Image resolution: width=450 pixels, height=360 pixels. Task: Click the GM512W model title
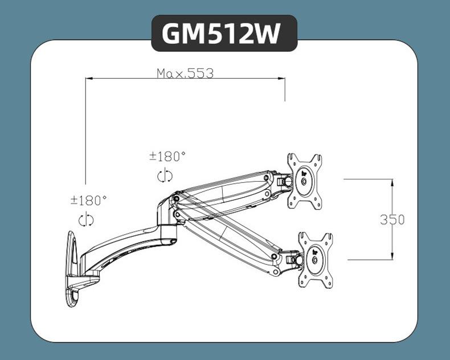(x=224, y=33)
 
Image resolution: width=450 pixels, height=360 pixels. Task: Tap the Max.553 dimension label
(x=185, y=73)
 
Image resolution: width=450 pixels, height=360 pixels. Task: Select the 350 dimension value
(x=392, y=219)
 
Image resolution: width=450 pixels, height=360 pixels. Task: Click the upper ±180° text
(x=167, y=156)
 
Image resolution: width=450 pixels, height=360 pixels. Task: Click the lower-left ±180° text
(x=89, y=201)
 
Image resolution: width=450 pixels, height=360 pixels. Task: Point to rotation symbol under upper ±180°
(x=165, y=176)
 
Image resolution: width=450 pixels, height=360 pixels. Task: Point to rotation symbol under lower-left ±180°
(x=87, y=220)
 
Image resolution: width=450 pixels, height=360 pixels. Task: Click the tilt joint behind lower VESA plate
(x=294, y=257)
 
